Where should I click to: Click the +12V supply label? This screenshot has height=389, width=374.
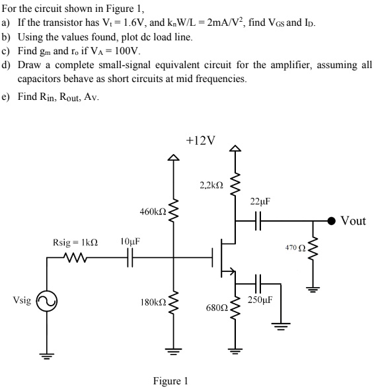(201, 140)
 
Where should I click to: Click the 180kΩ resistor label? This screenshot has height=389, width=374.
(151, 302)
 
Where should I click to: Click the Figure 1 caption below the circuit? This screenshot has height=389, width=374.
(170, 380)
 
